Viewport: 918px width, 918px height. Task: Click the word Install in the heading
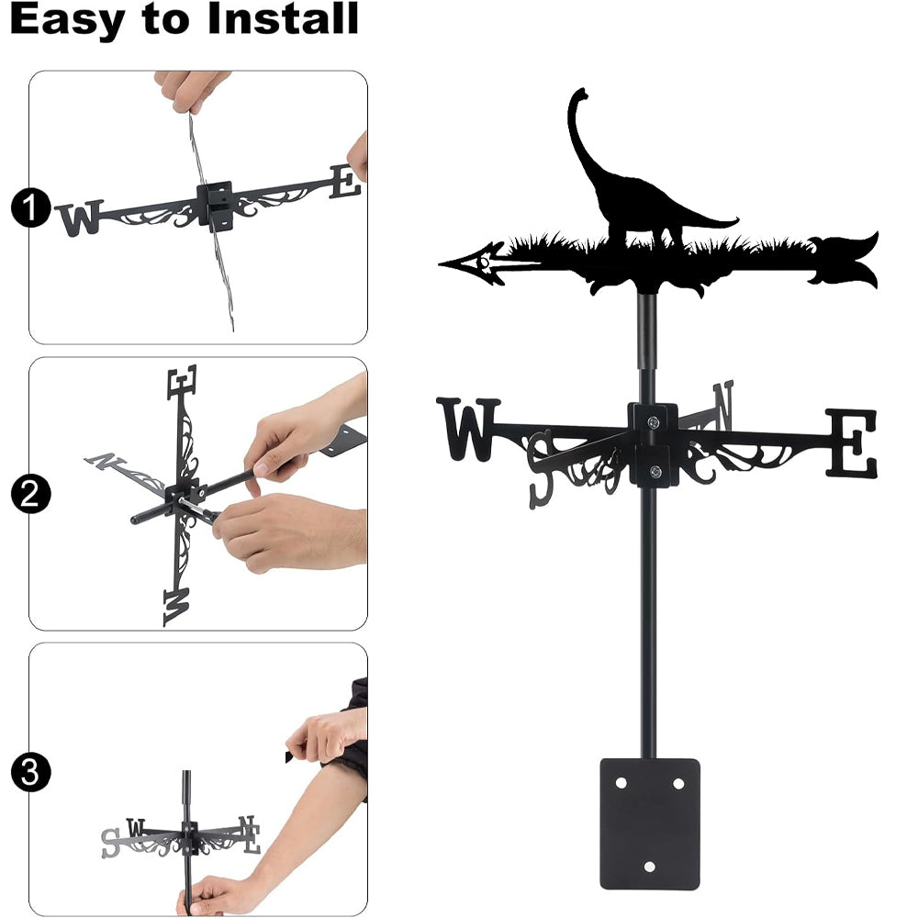coord(283,18)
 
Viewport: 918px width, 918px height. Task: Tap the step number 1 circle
coord(30,207)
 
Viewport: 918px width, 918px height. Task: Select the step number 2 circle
coord(30,494)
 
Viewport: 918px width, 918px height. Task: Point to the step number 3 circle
coord(30,772)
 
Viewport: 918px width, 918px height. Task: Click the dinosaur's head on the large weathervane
coord(579,95)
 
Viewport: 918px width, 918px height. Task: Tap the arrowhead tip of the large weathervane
coord(441,264)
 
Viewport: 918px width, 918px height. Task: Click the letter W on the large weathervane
coord(468,428)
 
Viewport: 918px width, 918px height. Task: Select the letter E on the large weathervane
coord(851,442)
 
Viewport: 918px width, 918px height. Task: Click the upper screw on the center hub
coord(654,421)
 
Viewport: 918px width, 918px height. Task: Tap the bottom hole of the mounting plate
coord(649,867)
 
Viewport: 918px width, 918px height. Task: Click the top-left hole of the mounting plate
coord(621,783)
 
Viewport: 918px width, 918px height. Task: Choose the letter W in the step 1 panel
coord(80,218)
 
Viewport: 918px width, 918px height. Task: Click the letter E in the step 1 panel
coord(345,182)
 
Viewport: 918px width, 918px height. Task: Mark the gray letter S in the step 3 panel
coord(110,844)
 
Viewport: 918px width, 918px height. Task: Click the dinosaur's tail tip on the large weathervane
coord(735,220)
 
